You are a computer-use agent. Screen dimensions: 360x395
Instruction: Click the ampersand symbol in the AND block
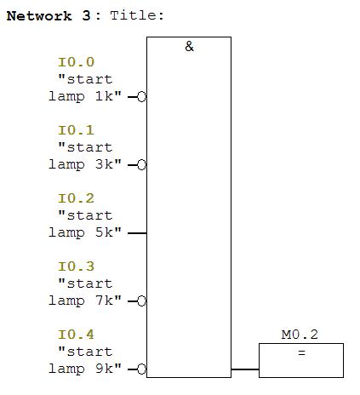tap(189, 46)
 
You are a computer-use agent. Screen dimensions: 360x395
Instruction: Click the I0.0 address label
tap(76, 62)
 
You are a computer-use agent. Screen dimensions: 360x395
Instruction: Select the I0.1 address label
tap(76, 130)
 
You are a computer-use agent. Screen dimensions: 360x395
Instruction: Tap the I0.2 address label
tap(76, 198)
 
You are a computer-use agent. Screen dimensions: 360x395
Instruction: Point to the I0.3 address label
tap(76, 266)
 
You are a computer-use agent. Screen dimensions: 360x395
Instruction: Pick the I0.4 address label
tap(76, 335)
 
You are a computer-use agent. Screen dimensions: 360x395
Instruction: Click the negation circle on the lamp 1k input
tap(141, 97)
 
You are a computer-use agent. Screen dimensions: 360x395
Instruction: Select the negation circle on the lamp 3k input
tap(141, 165)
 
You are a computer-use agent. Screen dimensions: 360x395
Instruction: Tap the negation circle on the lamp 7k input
tap(141, 301)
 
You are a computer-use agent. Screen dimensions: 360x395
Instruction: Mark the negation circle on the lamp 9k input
tap(141, 369)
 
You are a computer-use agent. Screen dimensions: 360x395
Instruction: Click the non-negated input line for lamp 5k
tap(137, 233)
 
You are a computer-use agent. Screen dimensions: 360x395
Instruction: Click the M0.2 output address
tap(300, 335)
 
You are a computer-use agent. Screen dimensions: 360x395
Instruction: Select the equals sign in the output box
tap(301, 353)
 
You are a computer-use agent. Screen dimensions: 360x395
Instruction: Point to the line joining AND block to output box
tap(245, 369)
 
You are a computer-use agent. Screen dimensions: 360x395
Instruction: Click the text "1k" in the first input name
tap(104, 96)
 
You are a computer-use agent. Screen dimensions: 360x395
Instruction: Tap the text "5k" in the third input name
tap(104, 232)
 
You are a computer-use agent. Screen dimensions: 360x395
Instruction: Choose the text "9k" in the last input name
tap(104, 369)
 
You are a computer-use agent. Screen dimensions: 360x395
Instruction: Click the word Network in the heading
tap(39, 16)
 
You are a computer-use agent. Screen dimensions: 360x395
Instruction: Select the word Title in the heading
tap(134, 15)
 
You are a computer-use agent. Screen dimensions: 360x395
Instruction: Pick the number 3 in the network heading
tap(86, 16)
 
